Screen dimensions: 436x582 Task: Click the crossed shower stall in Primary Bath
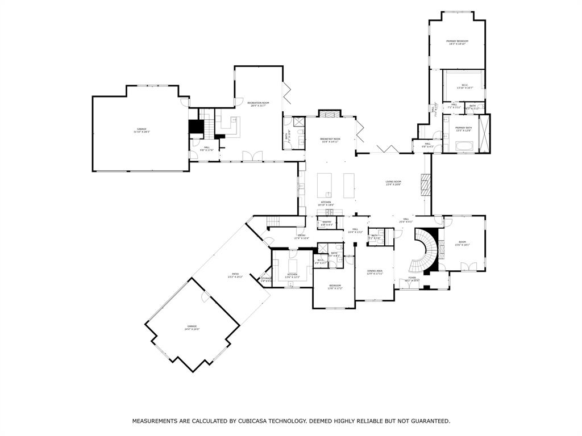(484, 133)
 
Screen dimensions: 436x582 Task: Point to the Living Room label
(393, 183)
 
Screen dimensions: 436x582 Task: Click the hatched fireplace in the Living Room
(426, 184)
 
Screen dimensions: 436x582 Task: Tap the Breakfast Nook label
(330, 140)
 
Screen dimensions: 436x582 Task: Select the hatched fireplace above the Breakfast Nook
(329, 114)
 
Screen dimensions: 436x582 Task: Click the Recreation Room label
(258, 104)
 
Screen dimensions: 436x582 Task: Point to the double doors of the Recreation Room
(252, 156)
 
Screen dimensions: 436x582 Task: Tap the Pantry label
(327, 223)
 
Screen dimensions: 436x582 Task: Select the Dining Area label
(375, 272)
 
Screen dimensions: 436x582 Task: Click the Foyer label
(411, 278)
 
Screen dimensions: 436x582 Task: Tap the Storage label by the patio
(266, 279)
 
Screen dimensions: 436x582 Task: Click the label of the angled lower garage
(192, 328)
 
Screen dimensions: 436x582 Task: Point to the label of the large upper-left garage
(141, 130)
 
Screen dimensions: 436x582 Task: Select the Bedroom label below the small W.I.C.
(335, 286)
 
